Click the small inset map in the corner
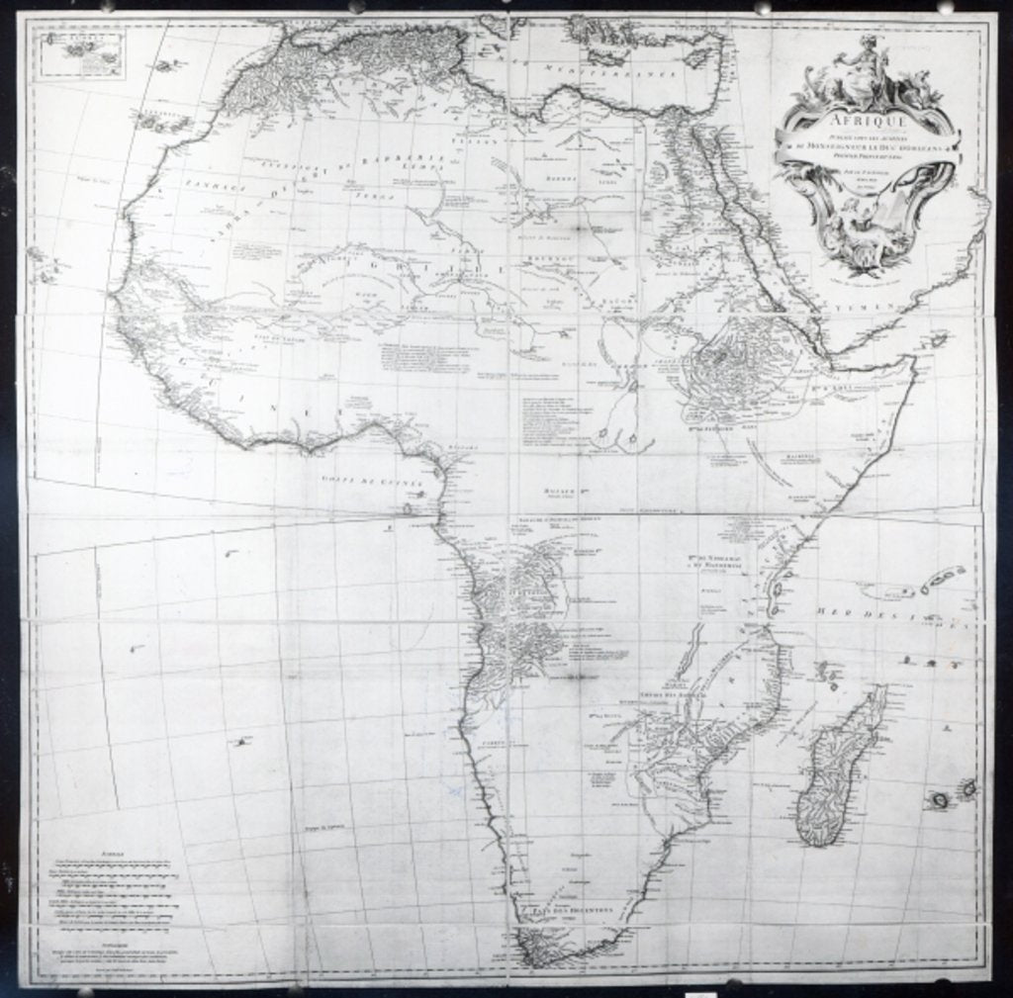[83, 54]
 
